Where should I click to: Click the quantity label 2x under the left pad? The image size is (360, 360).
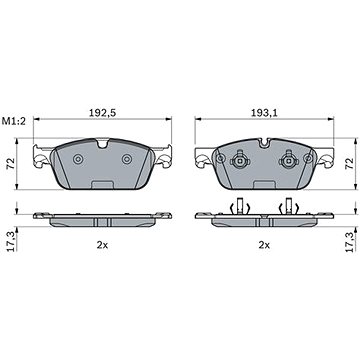coord(101,243)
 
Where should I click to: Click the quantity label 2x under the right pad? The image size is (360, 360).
coord(265,243)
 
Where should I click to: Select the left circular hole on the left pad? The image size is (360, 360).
coord(78,160)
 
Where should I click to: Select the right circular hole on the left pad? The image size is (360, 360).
coord(125,160)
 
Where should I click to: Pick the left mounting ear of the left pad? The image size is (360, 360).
coord(40,157)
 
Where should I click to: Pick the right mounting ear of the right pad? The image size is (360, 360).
coord(326,157)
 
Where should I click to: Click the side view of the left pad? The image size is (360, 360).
coord(101,218)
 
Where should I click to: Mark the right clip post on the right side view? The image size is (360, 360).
coord(289,207)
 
